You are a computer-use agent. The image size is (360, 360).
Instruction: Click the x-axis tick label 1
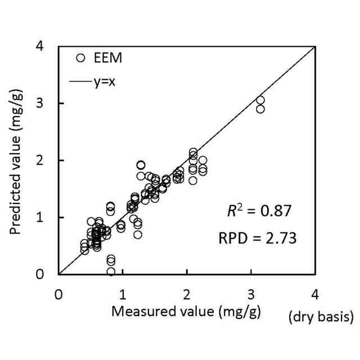pyautogui.click(x=123, y=294)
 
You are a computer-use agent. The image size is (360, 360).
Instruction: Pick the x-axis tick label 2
pyautogui.click(x=187, y=294)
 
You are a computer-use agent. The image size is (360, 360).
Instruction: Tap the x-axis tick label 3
pyautogui.click(x=251, y=294)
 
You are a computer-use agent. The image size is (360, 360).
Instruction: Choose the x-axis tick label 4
pyautogui.click(x=315, y=294)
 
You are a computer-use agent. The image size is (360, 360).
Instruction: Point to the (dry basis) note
pyautogui.click(x=321, y=318)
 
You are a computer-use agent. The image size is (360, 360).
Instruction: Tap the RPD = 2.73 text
pyautogui.click(x=257, y=238)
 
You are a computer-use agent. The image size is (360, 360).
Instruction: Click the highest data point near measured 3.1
pyautogui.click(x=260, y=100)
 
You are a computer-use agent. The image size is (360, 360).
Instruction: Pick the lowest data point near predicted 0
pyautogui.click(x=111, y=271)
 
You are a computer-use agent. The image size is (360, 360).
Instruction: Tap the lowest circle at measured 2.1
pyautogui.click(x=193, y=181)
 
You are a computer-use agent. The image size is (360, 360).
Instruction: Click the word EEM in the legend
pyautogui.click(x=107, y=58)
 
